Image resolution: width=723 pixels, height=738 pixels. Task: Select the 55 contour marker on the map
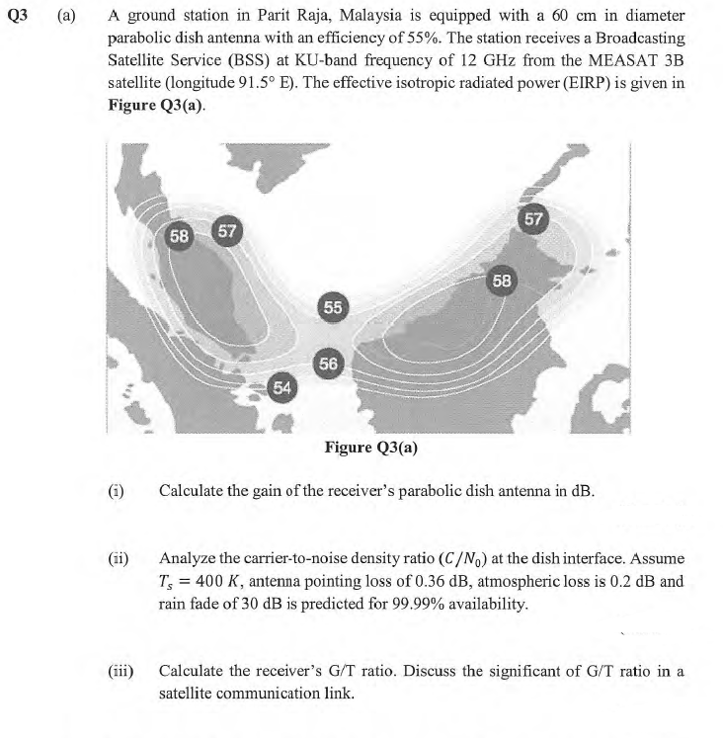pyautogui.click(x=333, y=307)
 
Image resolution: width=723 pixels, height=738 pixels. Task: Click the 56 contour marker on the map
pyautogui.click(x=329, y=364)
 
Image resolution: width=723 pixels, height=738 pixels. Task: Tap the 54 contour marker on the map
pyautogui.click(x=281, y=386)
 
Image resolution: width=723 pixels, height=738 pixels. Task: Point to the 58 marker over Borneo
pyautogui.click(x=502, y=280)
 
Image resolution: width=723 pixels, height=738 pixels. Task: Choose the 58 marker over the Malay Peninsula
pyautogui.click(x=180, y=236)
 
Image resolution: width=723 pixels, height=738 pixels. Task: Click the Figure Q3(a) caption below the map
pyautogui.click(x=370, y=448)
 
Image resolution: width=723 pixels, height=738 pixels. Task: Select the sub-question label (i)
pyautogui.click(x=117, y=490)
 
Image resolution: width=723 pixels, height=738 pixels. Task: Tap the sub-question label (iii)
pyautogui.click(x=120, y=672)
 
